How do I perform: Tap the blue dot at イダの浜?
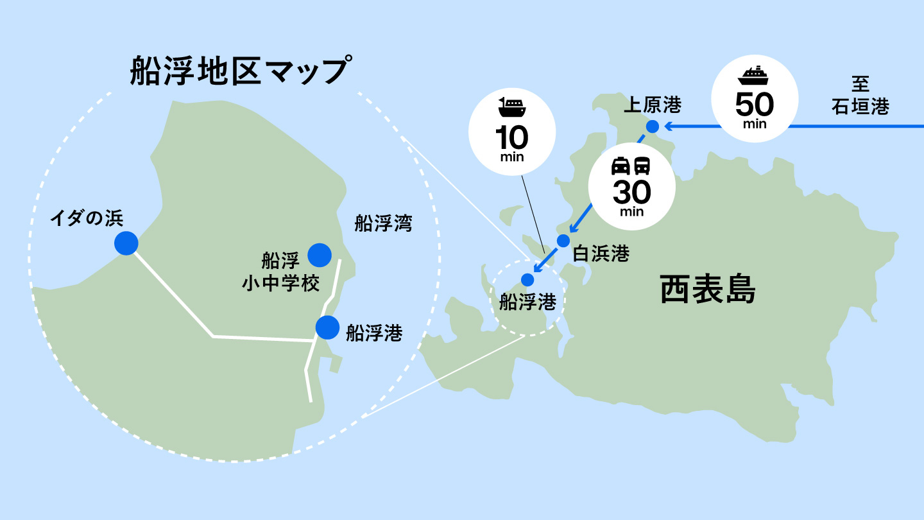pyautogui.click(x=126, y=243)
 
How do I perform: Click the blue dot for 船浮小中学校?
pyautogui.click(x=319, y=255)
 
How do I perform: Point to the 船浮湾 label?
pyautogui.click(x=383, y=223)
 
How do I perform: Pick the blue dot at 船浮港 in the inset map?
pyautogui.click(x=327, y=327)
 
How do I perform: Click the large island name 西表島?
pyautogui.click(x=708, y=291)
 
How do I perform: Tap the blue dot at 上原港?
pyautogui.click(x=653, y=126)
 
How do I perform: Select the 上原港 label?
pyautogui.click(x=653, y=104)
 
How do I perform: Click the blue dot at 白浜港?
pyautogui.click(x=563, y=241)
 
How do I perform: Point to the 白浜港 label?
pyautogui.click(x=601, y=254)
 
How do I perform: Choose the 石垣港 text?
pyautogui.click(x=860, y=107)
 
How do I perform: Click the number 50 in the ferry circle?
pyautogui.click(x=755, y=104)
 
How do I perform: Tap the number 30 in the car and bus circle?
pyautogui.click(x=631, y=192)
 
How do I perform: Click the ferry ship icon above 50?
pyautogui.click(x=755, y=75)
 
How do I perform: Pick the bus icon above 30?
pyautogui.click(x=642, y=166)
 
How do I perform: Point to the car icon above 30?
pyautogui.click(x=620, y=166)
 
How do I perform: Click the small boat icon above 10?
pyautogui.click(x=511, y=107)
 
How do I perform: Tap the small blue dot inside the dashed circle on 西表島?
pyautogui.click(x=527, y=279)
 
